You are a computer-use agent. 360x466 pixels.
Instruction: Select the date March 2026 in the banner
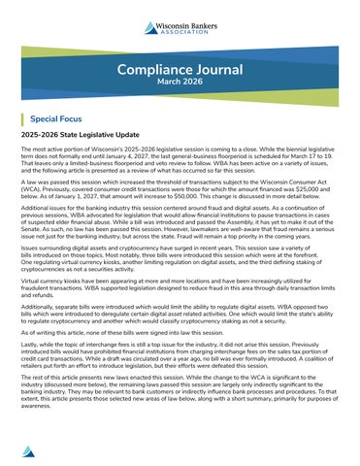tap(180, 83)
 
